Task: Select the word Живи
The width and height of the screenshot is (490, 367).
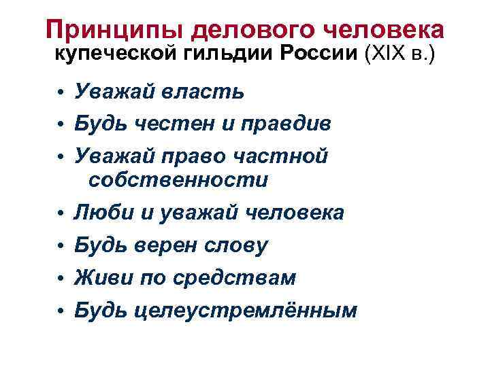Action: tap(105, 278)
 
